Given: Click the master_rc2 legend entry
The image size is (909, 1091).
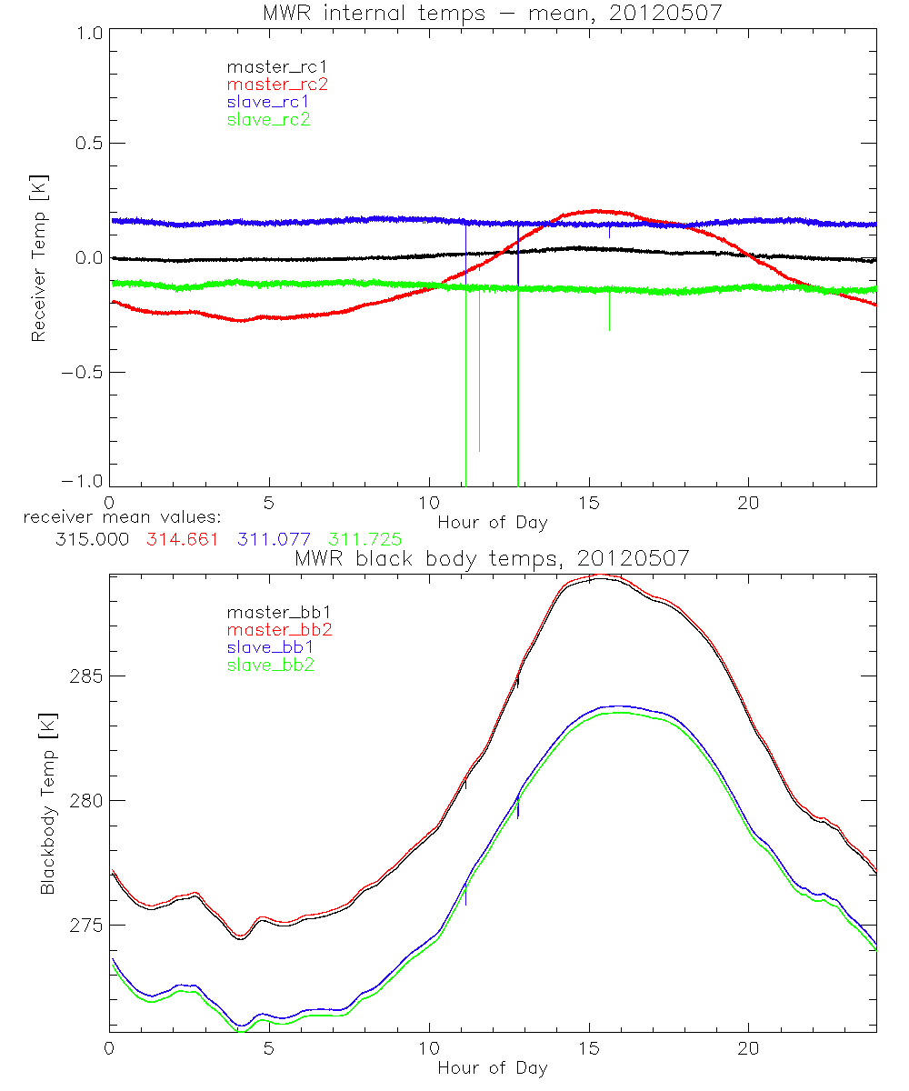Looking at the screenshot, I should tap(277, 84).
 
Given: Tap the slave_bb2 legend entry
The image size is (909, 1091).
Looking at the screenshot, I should tap(272, 666).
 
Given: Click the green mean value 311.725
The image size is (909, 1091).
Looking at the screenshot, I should tap(365, 539).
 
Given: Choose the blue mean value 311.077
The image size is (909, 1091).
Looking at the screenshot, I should tap(274, 539).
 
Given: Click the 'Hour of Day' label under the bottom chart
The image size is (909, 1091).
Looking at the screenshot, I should tap(492, 1068).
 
